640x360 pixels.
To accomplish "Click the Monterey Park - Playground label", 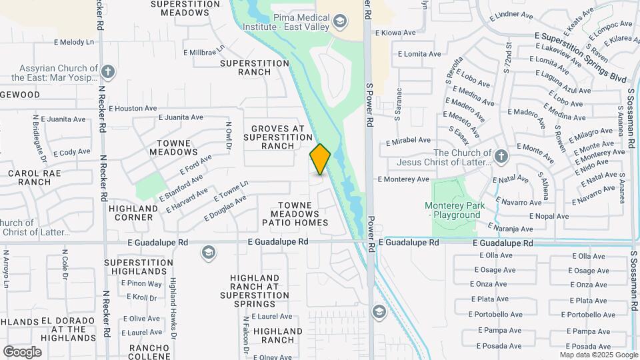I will click(453, 211).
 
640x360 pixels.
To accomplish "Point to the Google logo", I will click(22, 352).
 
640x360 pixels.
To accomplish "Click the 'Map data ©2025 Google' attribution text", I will click(598, 355).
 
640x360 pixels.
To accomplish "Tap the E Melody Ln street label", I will click(73, 42).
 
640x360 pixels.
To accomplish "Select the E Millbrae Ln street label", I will click(205, 51).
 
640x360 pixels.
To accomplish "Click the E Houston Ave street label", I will click(132, 108).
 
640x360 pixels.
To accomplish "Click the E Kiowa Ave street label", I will click(395, 32).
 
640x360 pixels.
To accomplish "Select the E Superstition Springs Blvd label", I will click(580, 57).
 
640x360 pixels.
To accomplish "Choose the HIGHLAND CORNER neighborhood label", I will click(133, 213).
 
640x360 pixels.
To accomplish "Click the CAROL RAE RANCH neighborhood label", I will click(29, 177).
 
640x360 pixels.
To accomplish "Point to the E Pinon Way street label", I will click(141, 283).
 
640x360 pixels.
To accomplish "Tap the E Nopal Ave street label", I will click(549, 216).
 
